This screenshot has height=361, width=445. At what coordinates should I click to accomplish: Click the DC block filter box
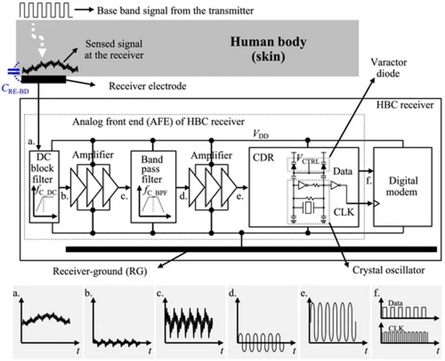(44, 187)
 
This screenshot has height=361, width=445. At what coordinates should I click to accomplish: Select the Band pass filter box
(153, 187)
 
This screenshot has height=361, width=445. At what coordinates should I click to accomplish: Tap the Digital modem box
(402, 187)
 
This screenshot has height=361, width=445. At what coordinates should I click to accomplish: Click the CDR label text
(263, 158)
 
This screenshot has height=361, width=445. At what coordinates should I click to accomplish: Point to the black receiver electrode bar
(43, 79)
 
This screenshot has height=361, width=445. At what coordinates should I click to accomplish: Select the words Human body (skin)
(268, 48)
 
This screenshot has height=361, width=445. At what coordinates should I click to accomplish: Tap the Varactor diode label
(388, 68)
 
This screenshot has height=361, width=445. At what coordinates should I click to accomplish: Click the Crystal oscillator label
(388, 270)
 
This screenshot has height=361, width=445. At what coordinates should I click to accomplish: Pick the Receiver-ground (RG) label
(100, 271)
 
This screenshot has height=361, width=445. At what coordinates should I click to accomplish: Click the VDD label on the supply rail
(261, 134)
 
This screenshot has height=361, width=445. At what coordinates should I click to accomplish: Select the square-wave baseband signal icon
(46, 10)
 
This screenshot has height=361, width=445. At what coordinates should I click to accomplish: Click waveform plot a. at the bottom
(47, 322)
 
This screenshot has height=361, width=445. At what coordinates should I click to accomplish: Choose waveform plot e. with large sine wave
(334, 322)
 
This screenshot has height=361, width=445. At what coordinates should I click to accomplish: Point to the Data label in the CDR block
(342, 171)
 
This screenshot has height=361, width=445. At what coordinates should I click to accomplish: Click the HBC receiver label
(405, 105)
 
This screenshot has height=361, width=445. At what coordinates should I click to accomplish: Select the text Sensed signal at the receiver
(114, 49)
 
